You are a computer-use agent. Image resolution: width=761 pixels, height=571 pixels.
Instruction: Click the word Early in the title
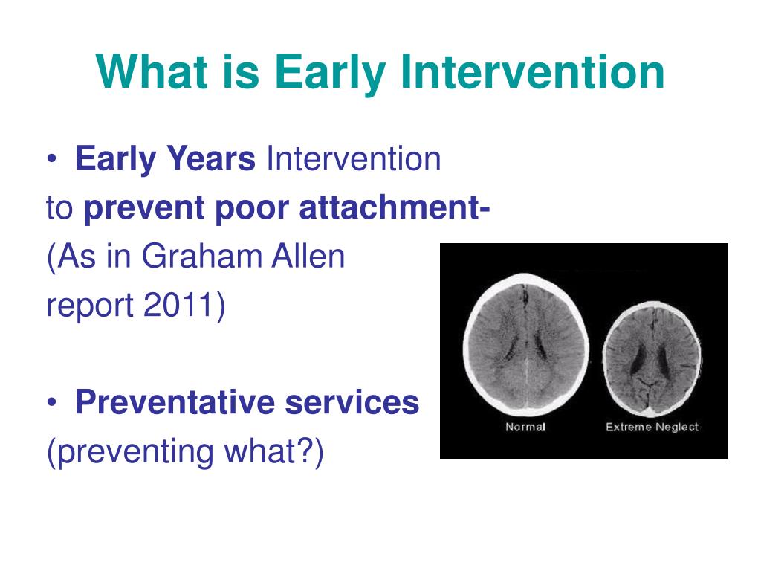[331, 73]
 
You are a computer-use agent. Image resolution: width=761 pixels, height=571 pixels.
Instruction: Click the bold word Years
[210, 159]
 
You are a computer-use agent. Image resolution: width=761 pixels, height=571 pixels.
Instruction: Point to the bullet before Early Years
[52, 159]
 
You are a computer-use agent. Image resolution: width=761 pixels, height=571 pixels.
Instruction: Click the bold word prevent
[144, 209]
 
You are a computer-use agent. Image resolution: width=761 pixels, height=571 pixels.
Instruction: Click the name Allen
[308, 257]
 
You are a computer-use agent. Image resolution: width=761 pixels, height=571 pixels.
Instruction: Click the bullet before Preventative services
[52, 403]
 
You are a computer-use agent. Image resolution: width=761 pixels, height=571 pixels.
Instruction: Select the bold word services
[352, 402]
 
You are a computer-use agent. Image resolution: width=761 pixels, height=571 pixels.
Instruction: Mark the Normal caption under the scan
[525, 427]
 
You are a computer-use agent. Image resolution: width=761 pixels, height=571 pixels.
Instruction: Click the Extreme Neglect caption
[652, 427]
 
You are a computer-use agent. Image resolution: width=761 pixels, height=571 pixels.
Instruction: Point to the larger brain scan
[527, 344]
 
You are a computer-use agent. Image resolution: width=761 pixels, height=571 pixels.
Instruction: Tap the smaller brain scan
[652, 359]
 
